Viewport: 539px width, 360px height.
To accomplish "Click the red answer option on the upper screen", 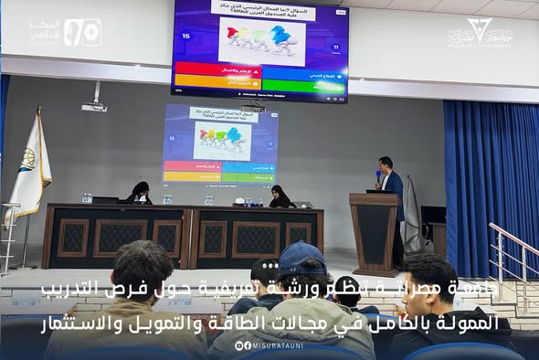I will point(217,68).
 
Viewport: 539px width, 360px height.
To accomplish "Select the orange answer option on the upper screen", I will point(217,85).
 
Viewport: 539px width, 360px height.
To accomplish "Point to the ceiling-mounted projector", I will point(94,107).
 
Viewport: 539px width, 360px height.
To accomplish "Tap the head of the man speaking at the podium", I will point(387,164).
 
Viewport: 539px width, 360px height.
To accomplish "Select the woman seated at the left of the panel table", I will point(139,193).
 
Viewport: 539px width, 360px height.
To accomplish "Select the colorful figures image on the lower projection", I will point(219,139).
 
